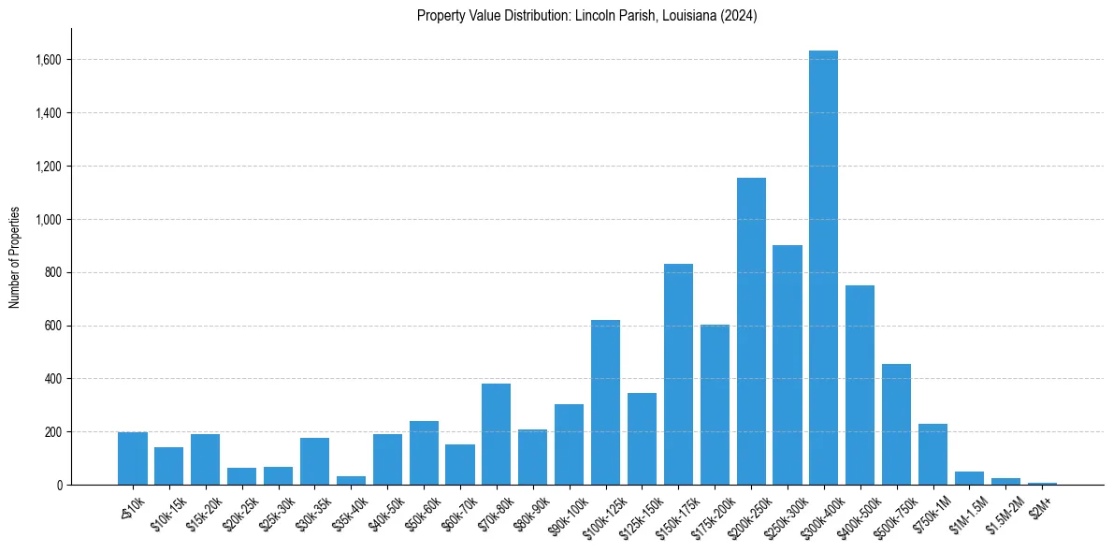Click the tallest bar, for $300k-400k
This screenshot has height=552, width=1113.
(823, 268)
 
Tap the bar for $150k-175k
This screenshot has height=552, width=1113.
(678, 374)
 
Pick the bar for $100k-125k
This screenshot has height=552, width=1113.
(605, 402)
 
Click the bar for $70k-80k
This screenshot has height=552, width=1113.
(496, 434)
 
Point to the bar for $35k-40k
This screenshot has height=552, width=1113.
(351, 480)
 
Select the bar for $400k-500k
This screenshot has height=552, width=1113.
(860, 385)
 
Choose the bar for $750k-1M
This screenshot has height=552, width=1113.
(932, 455)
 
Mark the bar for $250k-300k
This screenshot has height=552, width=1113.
(788, 365)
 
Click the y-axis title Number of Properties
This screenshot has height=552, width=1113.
(15, 257)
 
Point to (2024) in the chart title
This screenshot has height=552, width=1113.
(739, 15)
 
